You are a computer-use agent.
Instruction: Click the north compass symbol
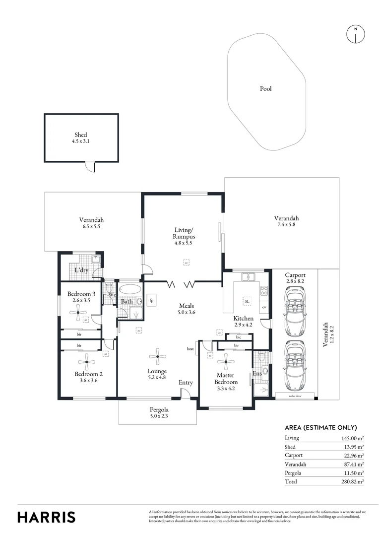[355, 33]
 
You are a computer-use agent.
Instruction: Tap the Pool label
[266, 89]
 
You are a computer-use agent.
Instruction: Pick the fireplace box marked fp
[151, 301]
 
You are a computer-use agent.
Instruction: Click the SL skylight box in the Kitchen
[247, 301]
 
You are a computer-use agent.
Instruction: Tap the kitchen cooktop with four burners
[264, 291]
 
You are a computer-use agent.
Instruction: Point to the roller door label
[295, 396]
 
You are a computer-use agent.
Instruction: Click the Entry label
[186, 383]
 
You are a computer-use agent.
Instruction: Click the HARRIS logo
[47, 517]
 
